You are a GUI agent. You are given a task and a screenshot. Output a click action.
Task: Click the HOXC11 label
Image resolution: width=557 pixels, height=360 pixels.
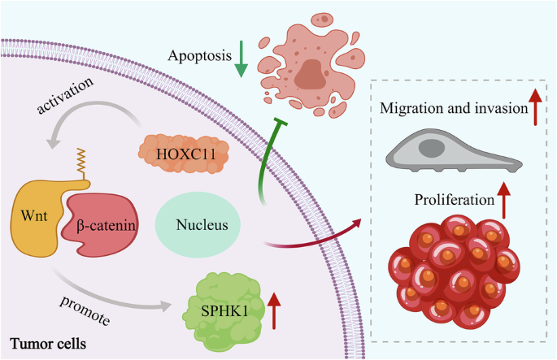[185, 154]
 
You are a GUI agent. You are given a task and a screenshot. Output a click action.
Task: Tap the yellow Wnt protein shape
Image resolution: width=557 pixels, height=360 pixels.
[36, 216]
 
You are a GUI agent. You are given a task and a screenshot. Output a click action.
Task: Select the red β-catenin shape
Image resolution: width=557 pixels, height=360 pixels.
[101, 224]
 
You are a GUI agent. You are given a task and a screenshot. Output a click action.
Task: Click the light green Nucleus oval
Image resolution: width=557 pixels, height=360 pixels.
[198, 225]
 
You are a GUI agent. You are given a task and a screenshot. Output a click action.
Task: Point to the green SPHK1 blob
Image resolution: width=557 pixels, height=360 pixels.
[224, 312]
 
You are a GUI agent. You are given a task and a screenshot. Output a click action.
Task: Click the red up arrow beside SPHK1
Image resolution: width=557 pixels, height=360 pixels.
[274, 310]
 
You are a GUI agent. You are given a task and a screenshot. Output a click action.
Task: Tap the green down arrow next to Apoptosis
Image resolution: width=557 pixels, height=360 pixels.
[242, 59]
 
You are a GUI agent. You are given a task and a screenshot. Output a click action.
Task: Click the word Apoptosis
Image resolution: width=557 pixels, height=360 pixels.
[200, 56]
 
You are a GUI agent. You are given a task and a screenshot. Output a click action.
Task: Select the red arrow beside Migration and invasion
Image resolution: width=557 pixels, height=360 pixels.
[535, 107]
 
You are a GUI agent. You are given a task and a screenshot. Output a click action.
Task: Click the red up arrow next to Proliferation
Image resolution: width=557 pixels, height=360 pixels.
[503, 200]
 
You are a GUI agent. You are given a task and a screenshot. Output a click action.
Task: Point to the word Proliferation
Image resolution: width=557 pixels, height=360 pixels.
[455, 200]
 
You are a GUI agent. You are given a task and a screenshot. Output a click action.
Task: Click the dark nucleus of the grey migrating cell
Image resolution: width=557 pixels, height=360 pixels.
[432, 148]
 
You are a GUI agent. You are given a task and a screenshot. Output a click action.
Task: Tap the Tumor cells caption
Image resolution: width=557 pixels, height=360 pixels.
[48, 344]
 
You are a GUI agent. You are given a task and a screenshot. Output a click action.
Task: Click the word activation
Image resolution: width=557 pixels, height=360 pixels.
[65, 96]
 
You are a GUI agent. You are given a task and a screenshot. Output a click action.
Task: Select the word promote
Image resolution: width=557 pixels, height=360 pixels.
[85, 310]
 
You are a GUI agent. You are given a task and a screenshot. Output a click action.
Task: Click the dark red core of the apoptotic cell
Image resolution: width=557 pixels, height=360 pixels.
[311, 74]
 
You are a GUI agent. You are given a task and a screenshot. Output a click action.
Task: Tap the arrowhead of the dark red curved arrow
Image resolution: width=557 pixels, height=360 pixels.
[356, 223]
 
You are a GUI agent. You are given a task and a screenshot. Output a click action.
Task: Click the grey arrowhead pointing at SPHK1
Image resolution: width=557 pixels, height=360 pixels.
[166, 306]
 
